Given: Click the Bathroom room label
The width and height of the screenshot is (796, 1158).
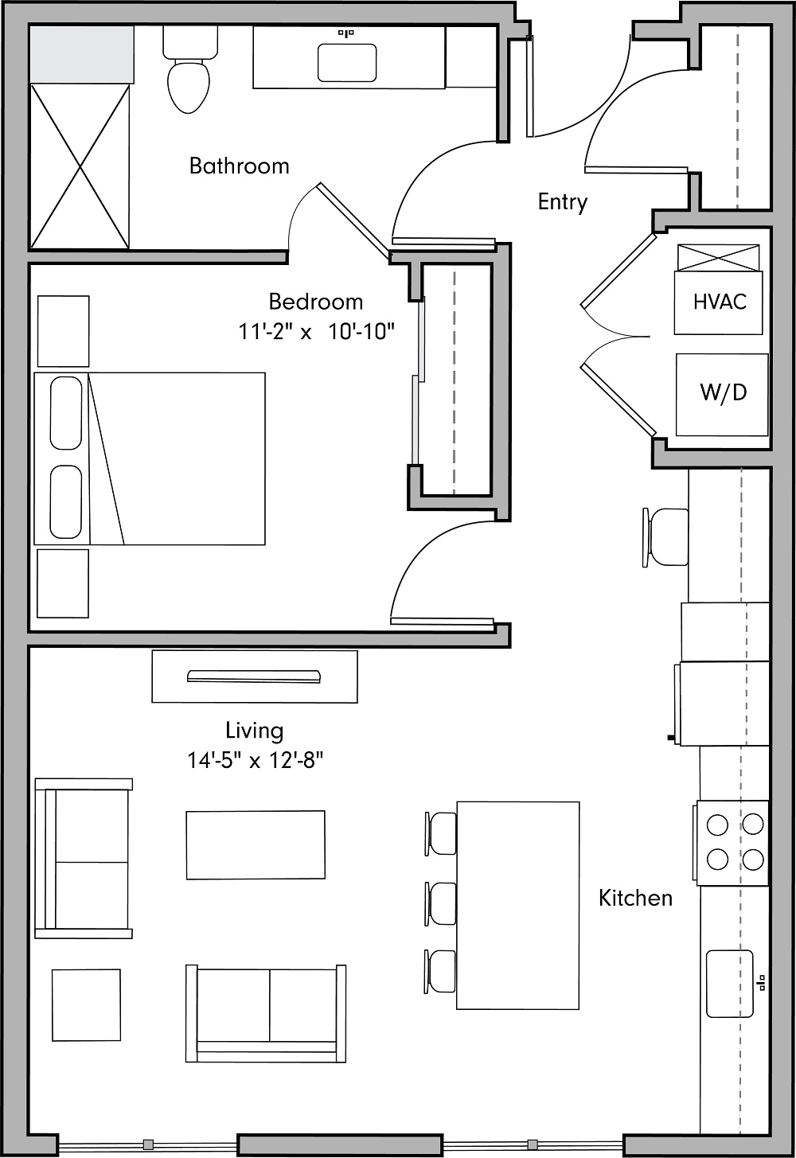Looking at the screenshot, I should [239, 166].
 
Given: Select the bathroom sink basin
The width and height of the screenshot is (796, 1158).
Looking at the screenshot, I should [347, 63].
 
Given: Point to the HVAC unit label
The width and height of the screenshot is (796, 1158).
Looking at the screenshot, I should [720, 302].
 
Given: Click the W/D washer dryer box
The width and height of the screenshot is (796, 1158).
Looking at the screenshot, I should [723, 394].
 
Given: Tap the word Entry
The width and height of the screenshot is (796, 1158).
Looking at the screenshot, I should [562, 202].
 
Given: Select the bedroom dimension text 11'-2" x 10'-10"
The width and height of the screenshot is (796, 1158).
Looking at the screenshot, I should [317, 331].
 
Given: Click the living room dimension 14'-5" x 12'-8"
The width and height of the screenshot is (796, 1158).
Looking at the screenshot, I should [255, 761].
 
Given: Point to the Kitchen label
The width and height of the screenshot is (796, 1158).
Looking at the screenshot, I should [635, 898].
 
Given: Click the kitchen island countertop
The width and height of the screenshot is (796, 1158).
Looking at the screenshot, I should [517, 905].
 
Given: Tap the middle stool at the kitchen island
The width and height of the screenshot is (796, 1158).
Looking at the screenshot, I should [441, 903].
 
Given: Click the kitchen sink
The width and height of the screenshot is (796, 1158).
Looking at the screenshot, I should [730, 983].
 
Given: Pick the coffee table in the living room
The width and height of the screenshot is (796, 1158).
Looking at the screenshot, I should [256, 844].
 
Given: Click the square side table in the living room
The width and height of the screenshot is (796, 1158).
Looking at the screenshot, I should [86, 1004].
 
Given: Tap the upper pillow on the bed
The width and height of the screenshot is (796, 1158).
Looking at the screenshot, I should [66, 413].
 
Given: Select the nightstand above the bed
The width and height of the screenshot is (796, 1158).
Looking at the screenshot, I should [64, 331].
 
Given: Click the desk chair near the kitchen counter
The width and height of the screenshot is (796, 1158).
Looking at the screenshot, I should [665, 537].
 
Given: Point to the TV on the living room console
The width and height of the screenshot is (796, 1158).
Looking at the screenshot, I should [254, 676].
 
